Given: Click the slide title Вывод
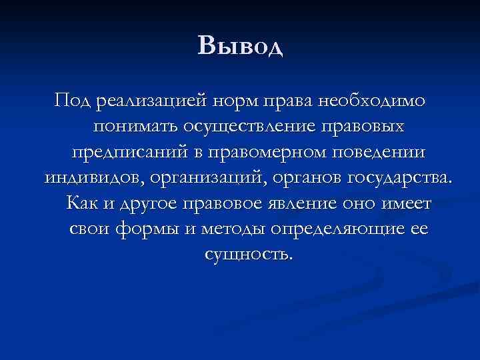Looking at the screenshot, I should (x=240, y=46).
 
